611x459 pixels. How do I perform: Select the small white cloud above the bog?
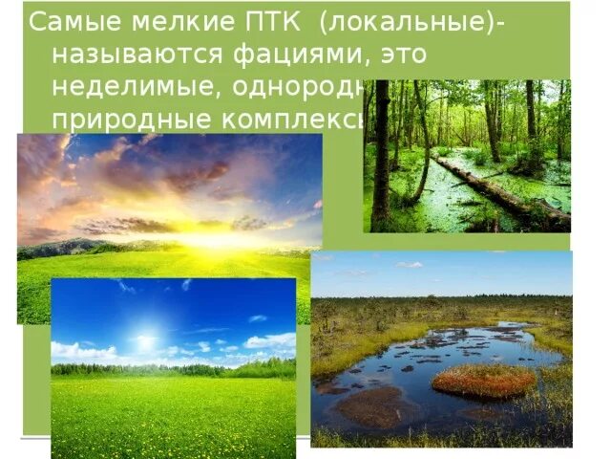pos(409,265)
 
